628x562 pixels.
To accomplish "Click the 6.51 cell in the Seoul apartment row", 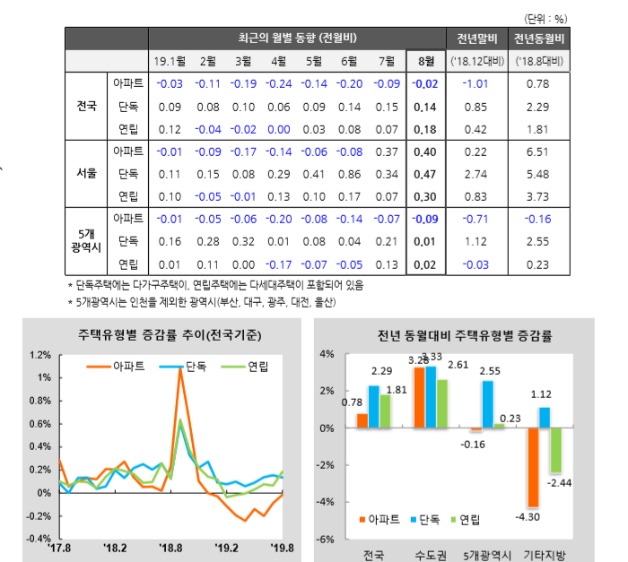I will (538, 151).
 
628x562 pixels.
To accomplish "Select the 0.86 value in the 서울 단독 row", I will (350, 174).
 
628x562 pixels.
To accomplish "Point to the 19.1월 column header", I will (170, 61).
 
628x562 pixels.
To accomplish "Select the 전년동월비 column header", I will (538, 39).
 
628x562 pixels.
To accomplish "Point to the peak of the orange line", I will (179, 368).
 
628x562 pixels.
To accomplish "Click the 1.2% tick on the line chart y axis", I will (39, 355).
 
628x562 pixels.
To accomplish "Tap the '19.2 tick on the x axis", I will (226, 548).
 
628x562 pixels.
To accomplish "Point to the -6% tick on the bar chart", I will (327, 539).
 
